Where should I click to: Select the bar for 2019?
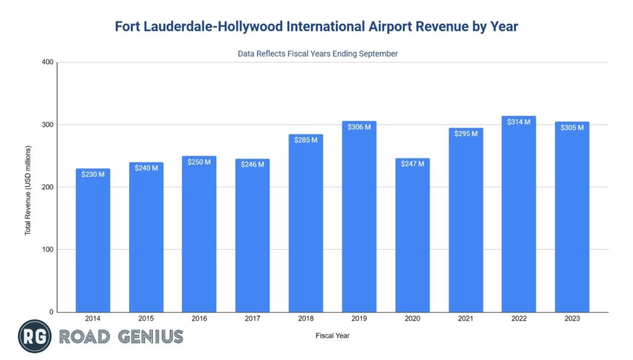[x=359, y=216]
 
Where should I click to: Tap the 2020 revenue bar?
[x=412, y=235]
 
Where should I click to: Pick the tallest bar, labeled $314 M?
[x=518, y=214]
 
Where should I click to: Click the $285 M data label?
[x=305, y=140]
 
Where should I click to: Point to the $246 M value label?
[x=252, y=164]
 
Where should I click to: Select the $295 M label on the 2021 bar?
[x=465, y=134]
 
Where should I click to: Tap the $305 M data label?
[x=571, y=128]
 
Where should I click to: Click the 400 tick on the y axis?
[x=48, y=62]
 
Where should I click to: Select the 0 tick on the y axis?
[x=52, y=312]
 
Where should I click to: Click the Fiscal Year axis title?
[x=332, y=336]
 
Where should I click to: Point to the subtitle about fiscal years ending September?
[x=318, y=54]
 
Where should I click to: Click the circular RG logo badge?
[x=35, y=336]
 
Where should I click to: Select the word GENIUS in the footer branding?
[x=149, y=336]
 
